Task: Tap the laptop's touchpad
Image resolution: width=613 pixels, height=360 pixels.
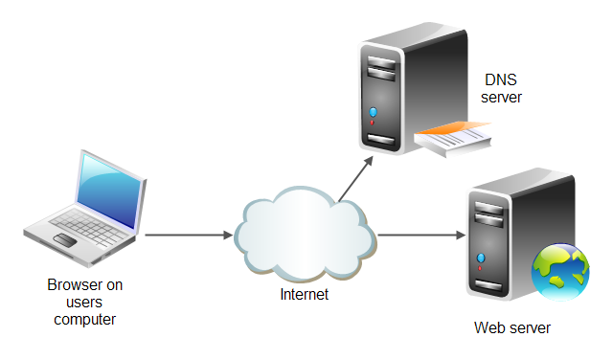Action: (x=65, y=238)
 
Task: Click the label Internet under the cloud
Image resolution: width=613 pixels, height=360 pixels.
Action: (x=304, y=295)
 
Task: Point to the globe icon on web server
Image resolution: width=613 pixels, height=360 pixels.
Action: (x=559, y=273)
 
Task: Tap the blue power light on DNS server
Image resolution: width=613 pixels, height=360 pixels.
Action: (x=373, y=113)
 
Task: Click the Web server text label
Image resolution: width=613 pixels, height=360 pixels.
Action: (x=512, y=328)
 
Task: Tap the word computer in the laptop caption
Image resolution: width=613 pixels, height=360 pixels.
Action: (x=84, y=320)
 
